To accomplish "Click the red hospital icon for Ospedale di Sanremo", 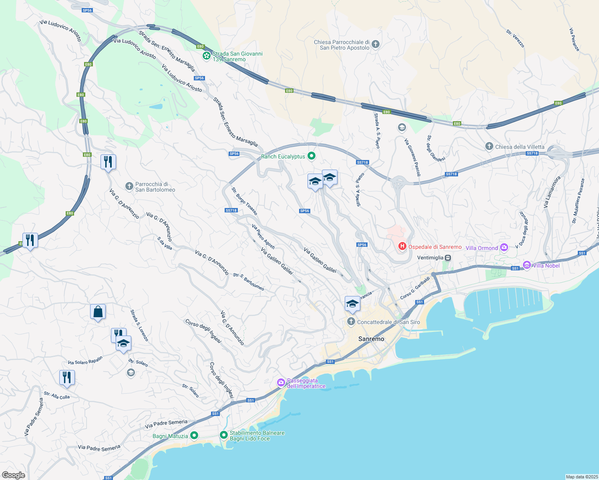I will pos(402,247).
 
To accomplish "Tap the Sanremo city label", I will pos(371,339).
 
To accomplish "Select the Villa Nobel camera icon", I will pos(527,265).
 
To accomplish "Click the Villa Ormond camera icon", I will pos(504,248).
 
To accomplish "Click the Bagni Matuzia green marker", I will pos(194,436).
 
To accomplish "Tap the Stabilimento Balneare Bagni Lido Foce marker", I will pos(224,435).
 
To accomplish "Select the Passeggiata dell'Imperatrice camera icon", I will pos(281,383).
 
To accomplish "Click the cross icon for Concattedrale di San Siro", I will pos(351,322).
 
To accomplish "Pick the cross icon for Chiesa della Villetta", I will pos(489,146).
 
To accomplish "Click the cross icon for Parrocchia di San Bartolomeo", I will pos(129,186).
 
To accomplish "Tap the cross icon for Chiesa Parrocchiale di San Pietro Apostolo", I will pos(375,44).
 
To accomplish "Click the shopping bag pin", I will pos(98,312).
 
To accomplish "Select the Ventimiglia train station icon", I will pos(448,258).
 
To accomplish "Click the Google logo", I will pos(13,475).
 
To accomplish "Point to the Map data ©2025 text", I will pos(581,477).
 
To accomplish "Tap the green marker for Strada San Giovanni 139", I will pos(207,56).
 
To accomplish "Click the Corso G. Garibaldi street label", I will pos(415,288).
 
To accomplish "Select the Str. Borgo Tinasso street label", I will pos(244,201).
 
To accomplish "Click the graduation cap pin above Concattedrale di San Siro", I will pos(352,304).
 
